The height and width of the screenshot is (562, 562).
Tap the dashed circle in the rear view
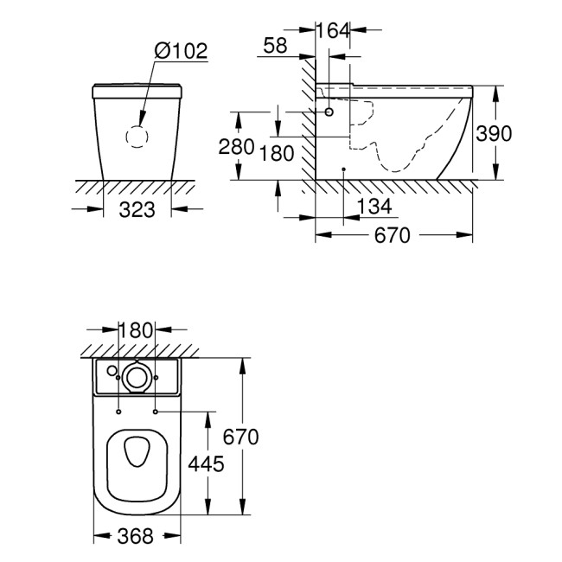pyautogui.click(x=137, y=136)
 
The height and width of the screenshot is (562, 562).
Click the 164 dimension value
pyautogui.click(x=333, y=30)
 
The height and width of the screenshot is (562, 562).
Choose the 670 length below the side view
pyautogui.click(x=393, y=236)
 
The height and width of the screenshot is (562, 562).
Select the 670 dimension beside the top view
pyautogui.click(x=239, y=437)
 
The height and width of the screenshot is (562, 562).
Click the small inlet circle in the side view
pyautogui.click(x=329, y=112)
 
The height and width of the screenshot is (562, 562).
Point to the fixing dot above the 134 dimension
pyautogui.click(x=344, y=169)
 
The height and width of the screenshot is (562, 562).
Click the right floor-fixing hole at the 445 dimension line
pyautogui.click(x=156, y=412)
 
